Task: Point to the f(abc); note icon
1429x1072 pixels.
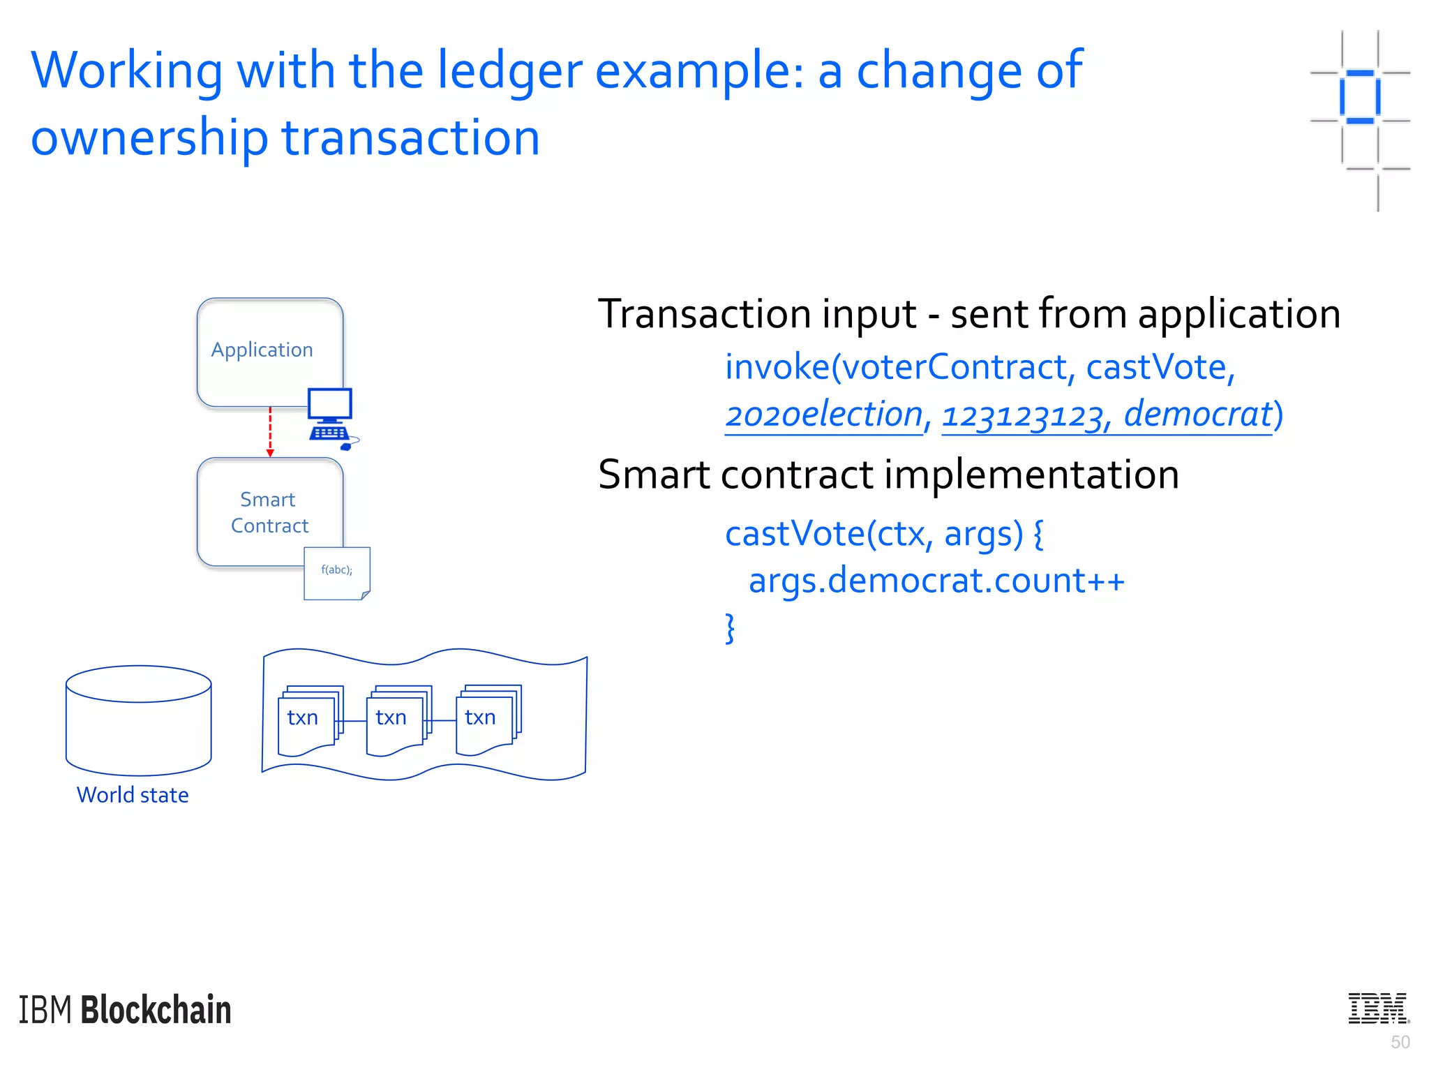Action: pos(336,573)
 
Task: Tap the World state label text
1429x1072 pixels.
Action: pos(133,795)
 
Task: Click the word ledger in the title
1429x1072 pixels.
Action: pos(509,71)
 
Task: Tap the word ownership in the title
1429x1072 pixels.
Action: pos(149,137)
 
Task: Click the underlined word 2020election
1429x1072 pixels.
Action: pos(824,415)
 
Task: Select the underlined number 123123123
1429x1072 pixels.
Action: pos(1022,416)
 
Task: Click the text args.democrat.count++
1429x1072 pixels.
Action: pos(936,581)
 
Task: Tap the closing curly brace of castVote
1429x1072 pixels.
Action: pos(730,628)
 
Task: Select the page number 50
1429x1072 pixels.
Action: pos(1400,1042)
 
